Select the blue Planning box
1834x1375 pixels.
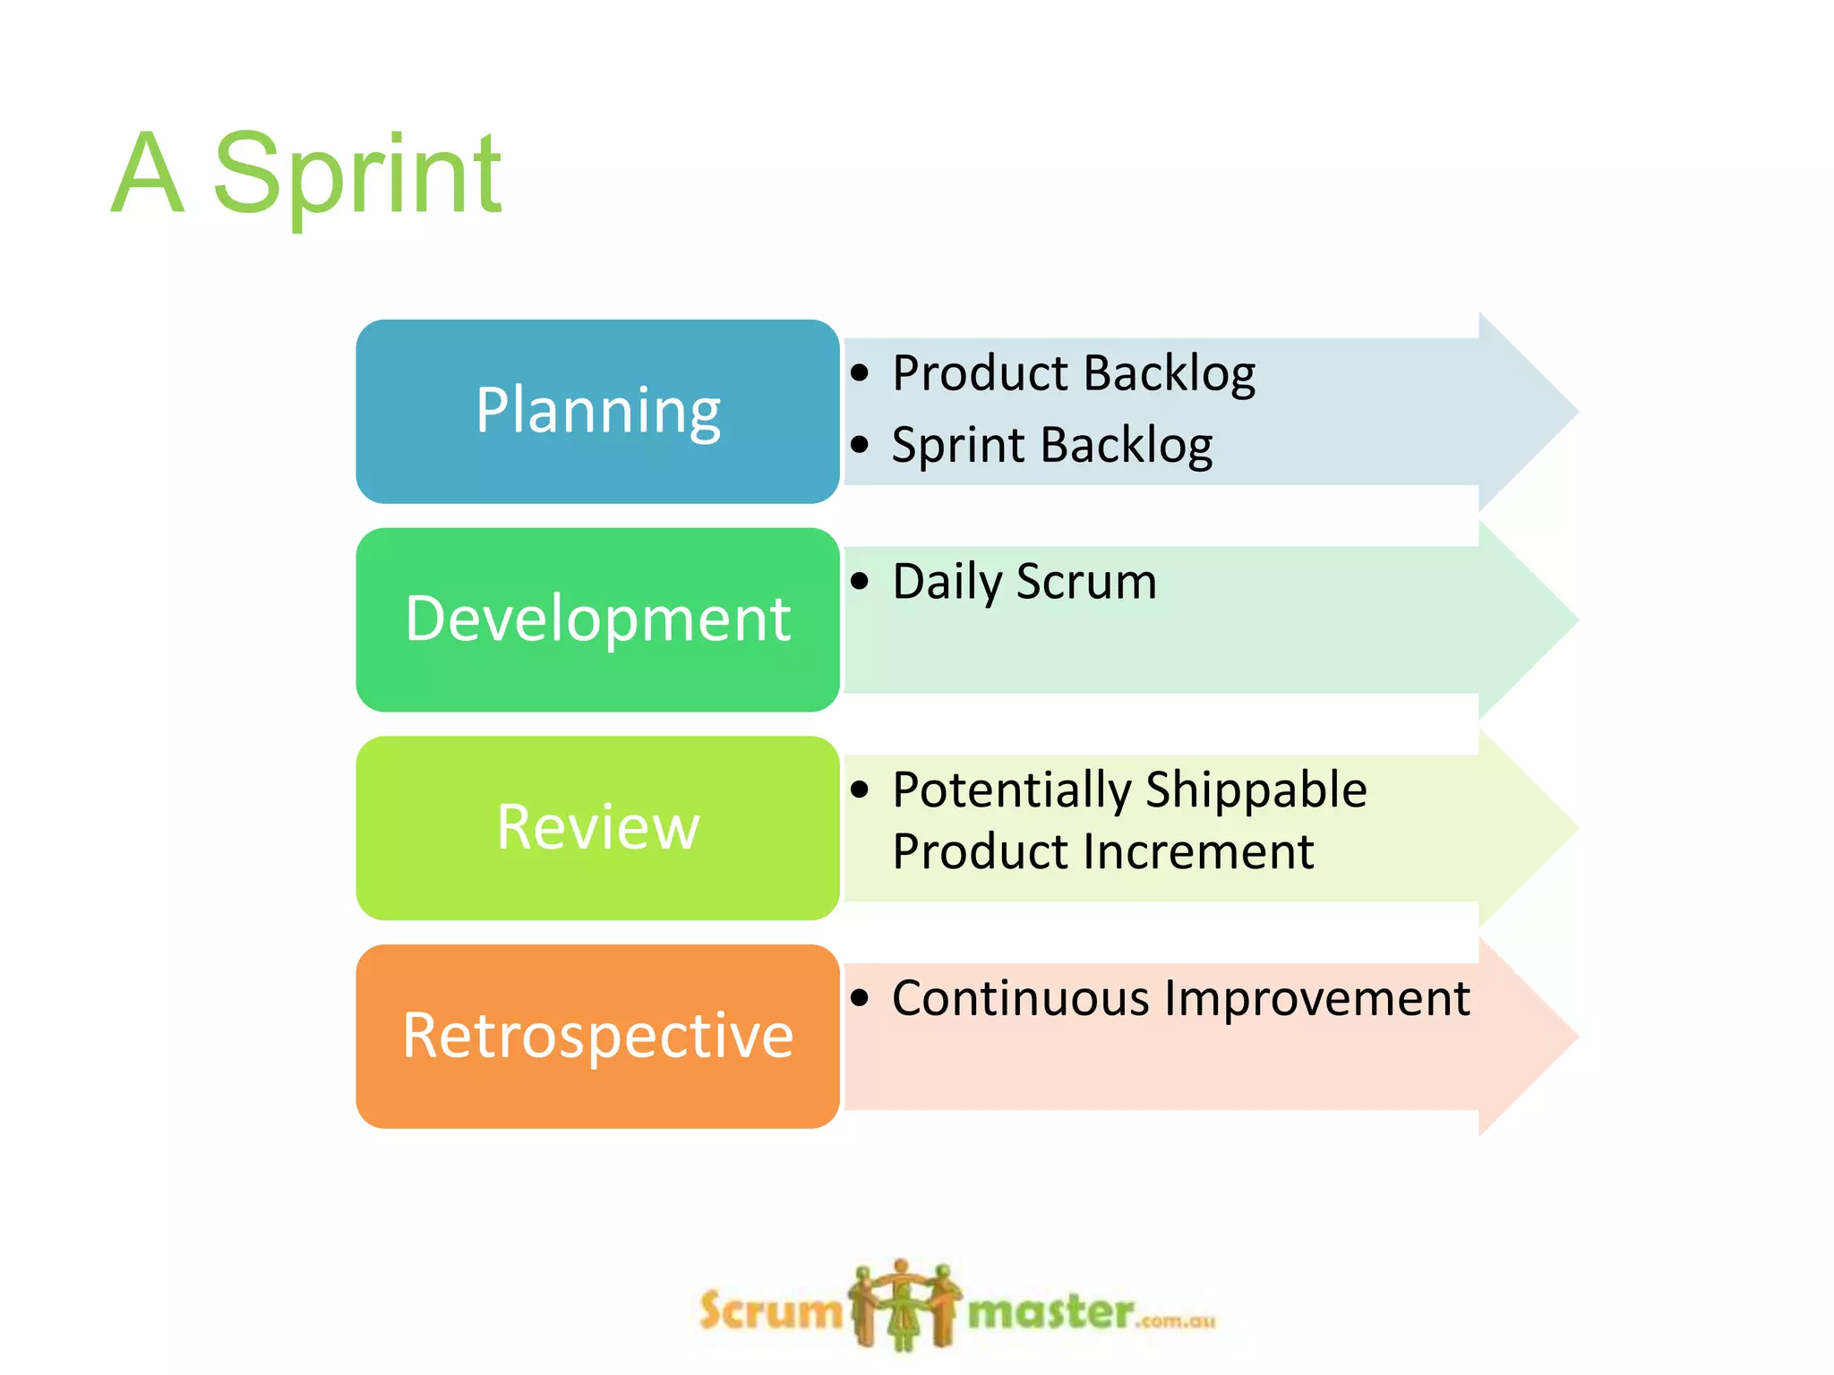tap(597, 411)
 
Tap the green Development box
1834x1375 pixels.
tap(597, 619)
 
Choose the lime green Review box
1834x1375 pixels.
tap(597, 828)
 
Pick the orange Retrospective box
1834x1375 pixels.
tap(597, 1037)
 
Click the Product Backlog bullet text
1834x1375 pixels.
tap(1073, 373)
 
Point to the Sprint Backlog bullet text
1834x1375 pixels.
tap(1051, 445)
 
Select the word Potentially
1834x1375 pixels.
tap(1012, 791)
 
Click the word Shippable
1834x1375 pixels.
tap(1256, 791)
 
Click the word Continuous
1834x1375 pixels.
tap(1020, 998)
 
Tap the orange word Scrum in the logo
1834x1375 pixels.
tap(770, 1312)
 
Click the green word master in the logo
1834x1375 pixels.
tap(1050, 1312)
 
